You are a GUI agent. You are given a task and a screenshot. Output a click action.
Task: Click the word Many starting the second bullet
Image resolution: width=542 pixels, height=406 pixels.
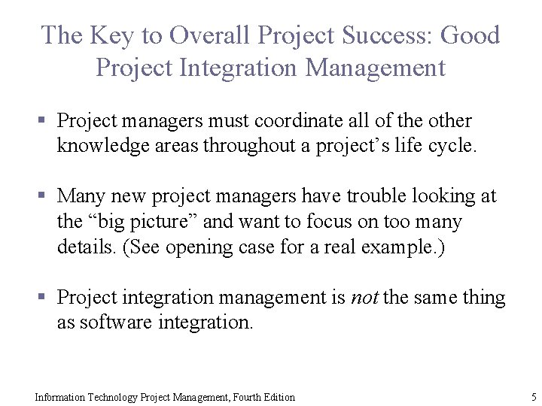(81, 197)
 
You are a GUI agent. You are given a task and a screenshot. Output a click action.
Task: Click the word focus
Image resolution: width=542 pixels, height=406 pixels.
(344, 222)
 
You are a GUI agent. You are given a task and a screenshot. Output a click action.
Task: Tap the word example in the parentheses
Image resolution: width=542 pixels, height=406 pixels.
(400, 247)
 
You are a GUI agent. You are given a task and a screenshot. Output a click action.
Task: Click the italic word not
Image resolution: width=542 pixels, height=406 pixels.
(365, 298)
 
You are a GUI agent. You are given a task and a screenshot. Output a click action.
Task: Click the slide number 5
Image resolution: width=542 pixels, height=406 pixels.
(533, 397)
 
